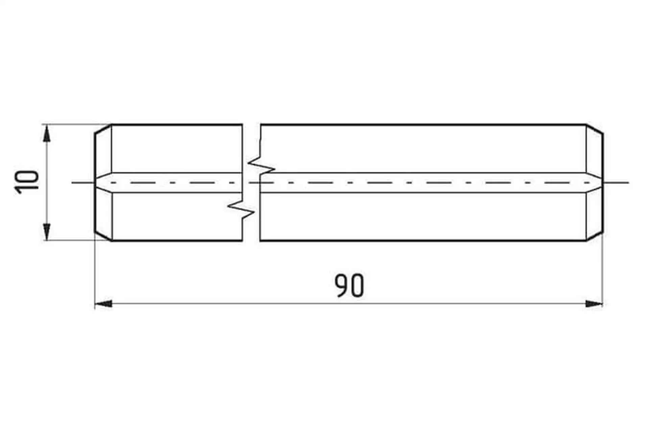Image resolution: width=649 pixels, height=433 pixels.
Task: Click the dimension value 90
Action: click(x=349, y=286)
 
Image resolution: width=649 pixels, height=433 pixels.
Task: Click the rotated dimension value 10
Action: click(x=27, y=182)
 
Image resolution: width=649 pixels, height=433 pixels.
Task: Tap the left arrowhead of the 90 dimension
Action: click(x=103, y=303)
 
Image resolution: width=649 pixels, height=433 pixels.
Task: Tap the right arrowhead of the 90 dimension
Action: click(x=594, y=303)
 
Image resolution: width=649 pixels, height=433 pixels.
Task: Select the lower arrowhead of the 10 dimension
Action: click(x=47, y=232)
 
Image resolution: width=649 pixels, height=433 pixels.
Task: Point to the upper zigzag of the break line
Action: click(x=261, y=165)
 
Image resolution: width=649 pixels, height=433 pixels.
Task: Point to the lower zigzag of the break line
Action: click(x=241, y=209)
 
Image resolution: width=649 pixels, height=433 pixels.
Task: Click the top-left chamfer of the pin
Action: click(x=103, y=129)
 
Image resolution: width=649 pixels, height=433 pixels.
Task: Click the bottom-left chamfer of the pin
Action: click(x=103, y=237)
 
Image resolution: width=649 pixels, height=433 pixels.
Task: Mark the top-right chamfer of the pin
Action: click(x=595, y=129)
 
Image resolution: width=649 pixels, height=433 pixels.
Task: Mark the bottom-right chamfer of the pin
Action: click(x=595, y=237)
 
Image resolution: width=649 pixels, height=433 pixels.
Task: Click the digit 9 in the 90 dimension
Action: click(x=341, y=286)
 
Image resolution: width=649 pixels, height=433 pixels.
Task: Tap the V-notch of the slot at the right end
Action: click(x=595, y=183)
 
